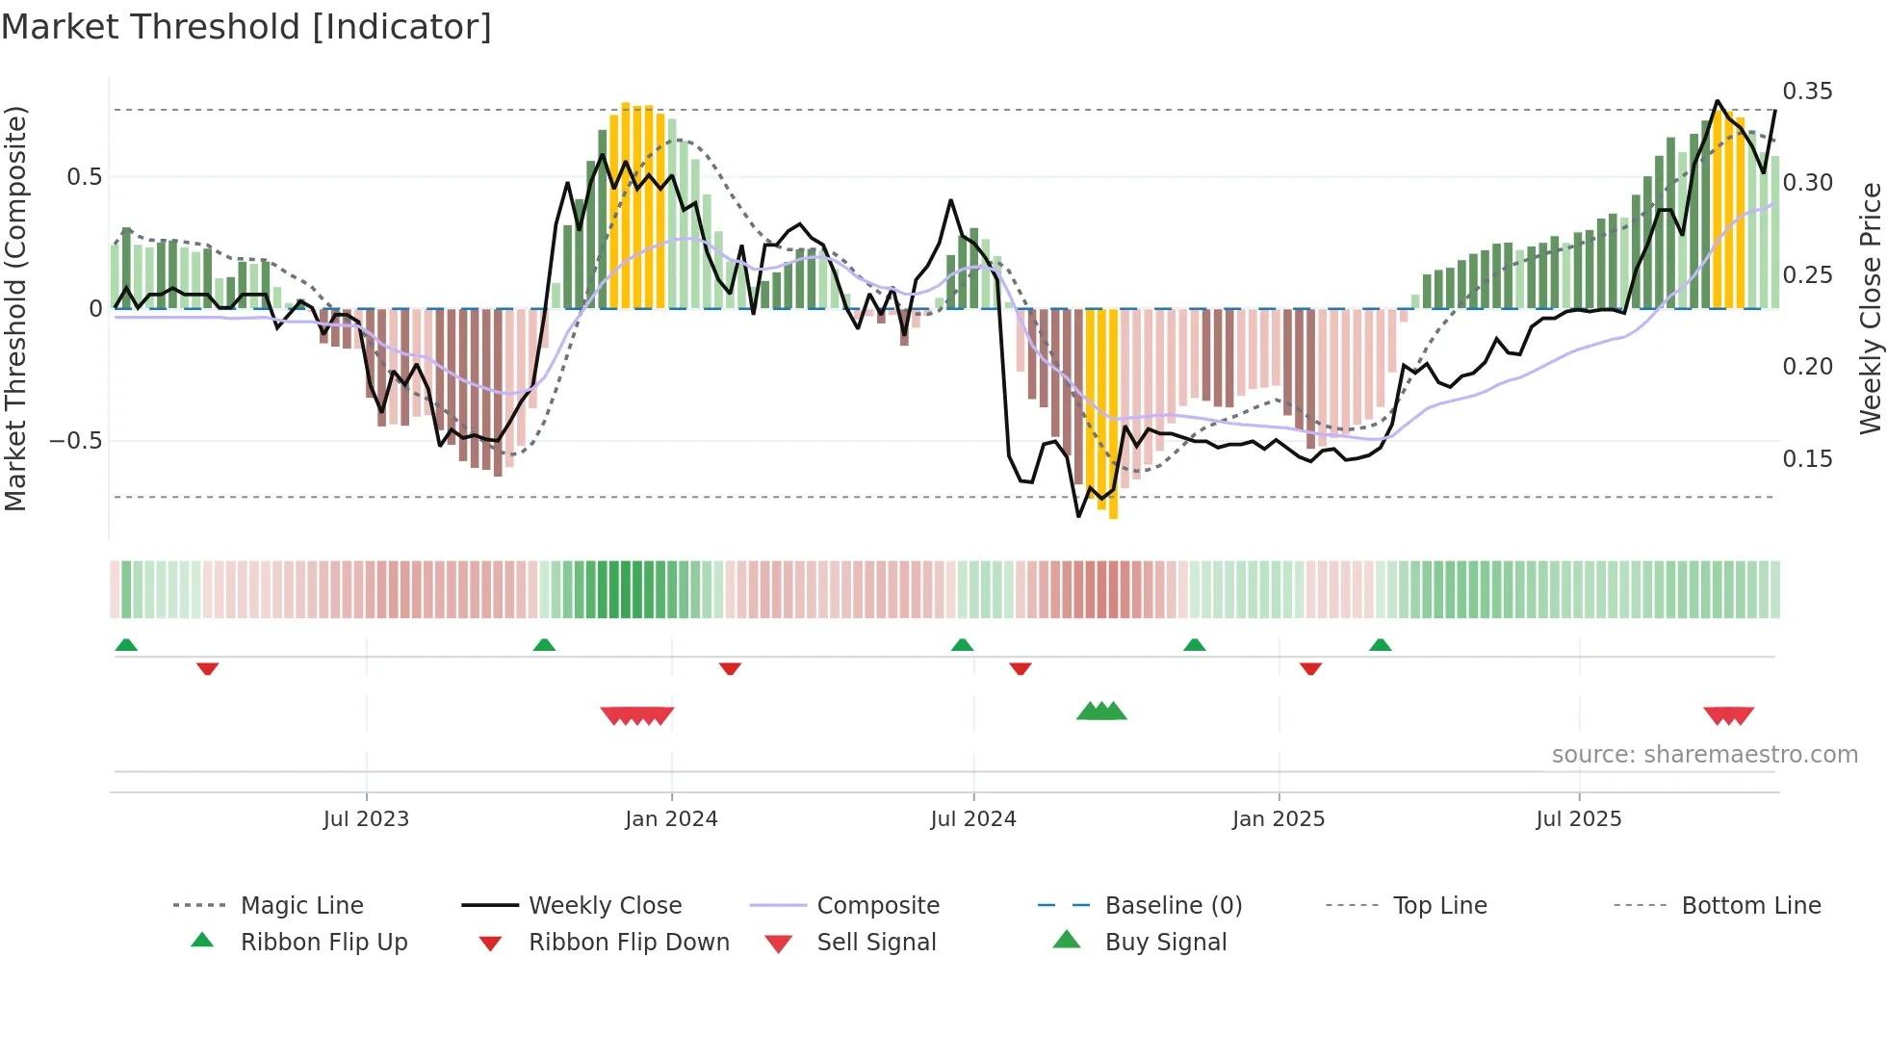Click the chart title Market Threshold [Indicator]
(246, 27)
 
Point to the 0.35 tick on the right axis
(1807, 91)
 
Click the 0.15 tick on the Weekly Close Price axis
(1807, 459)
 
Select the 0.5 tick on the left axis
(84, 177)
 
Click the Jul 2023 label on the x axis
(366, 819)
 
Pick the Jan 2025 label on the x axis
(1278, 819)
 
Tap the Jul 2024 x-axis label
(972, 819)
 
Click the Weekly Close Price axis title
(1870, 308)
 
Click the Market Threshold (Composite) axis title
(15, 308)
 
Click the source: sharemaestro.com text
(1704, 755)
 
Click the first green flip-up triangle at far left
(126, 645)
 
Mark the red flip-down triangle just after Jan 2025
(1310, 668)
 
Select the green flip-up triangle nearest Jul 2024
(962, 645)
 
